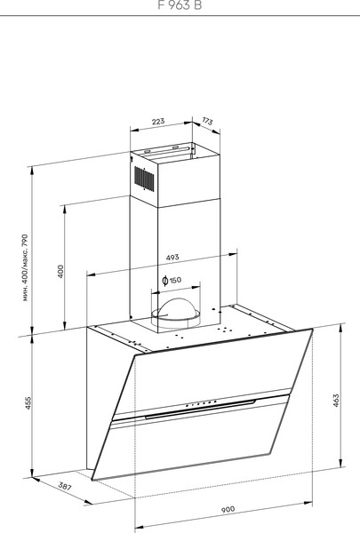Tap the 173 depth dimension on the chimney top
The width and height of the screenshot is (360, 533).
pyautogui.click(x=207, y=121)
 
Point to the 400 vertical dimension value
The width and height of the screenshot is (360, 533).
pyautogui.click(x=61, y=271)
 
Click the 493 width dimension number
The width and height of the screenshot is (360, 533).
pyautogui.click(x=172, y=258)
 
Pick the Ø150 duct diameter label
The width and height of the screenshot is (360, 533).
pyautogui.click(x=172, y=281)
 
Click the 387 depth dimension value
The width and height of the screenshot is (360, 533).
pyautogui.click(x=40, y=488)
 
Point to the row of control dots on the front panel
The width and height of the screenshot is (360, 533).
pyautogui.click(x=201, y=404)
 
